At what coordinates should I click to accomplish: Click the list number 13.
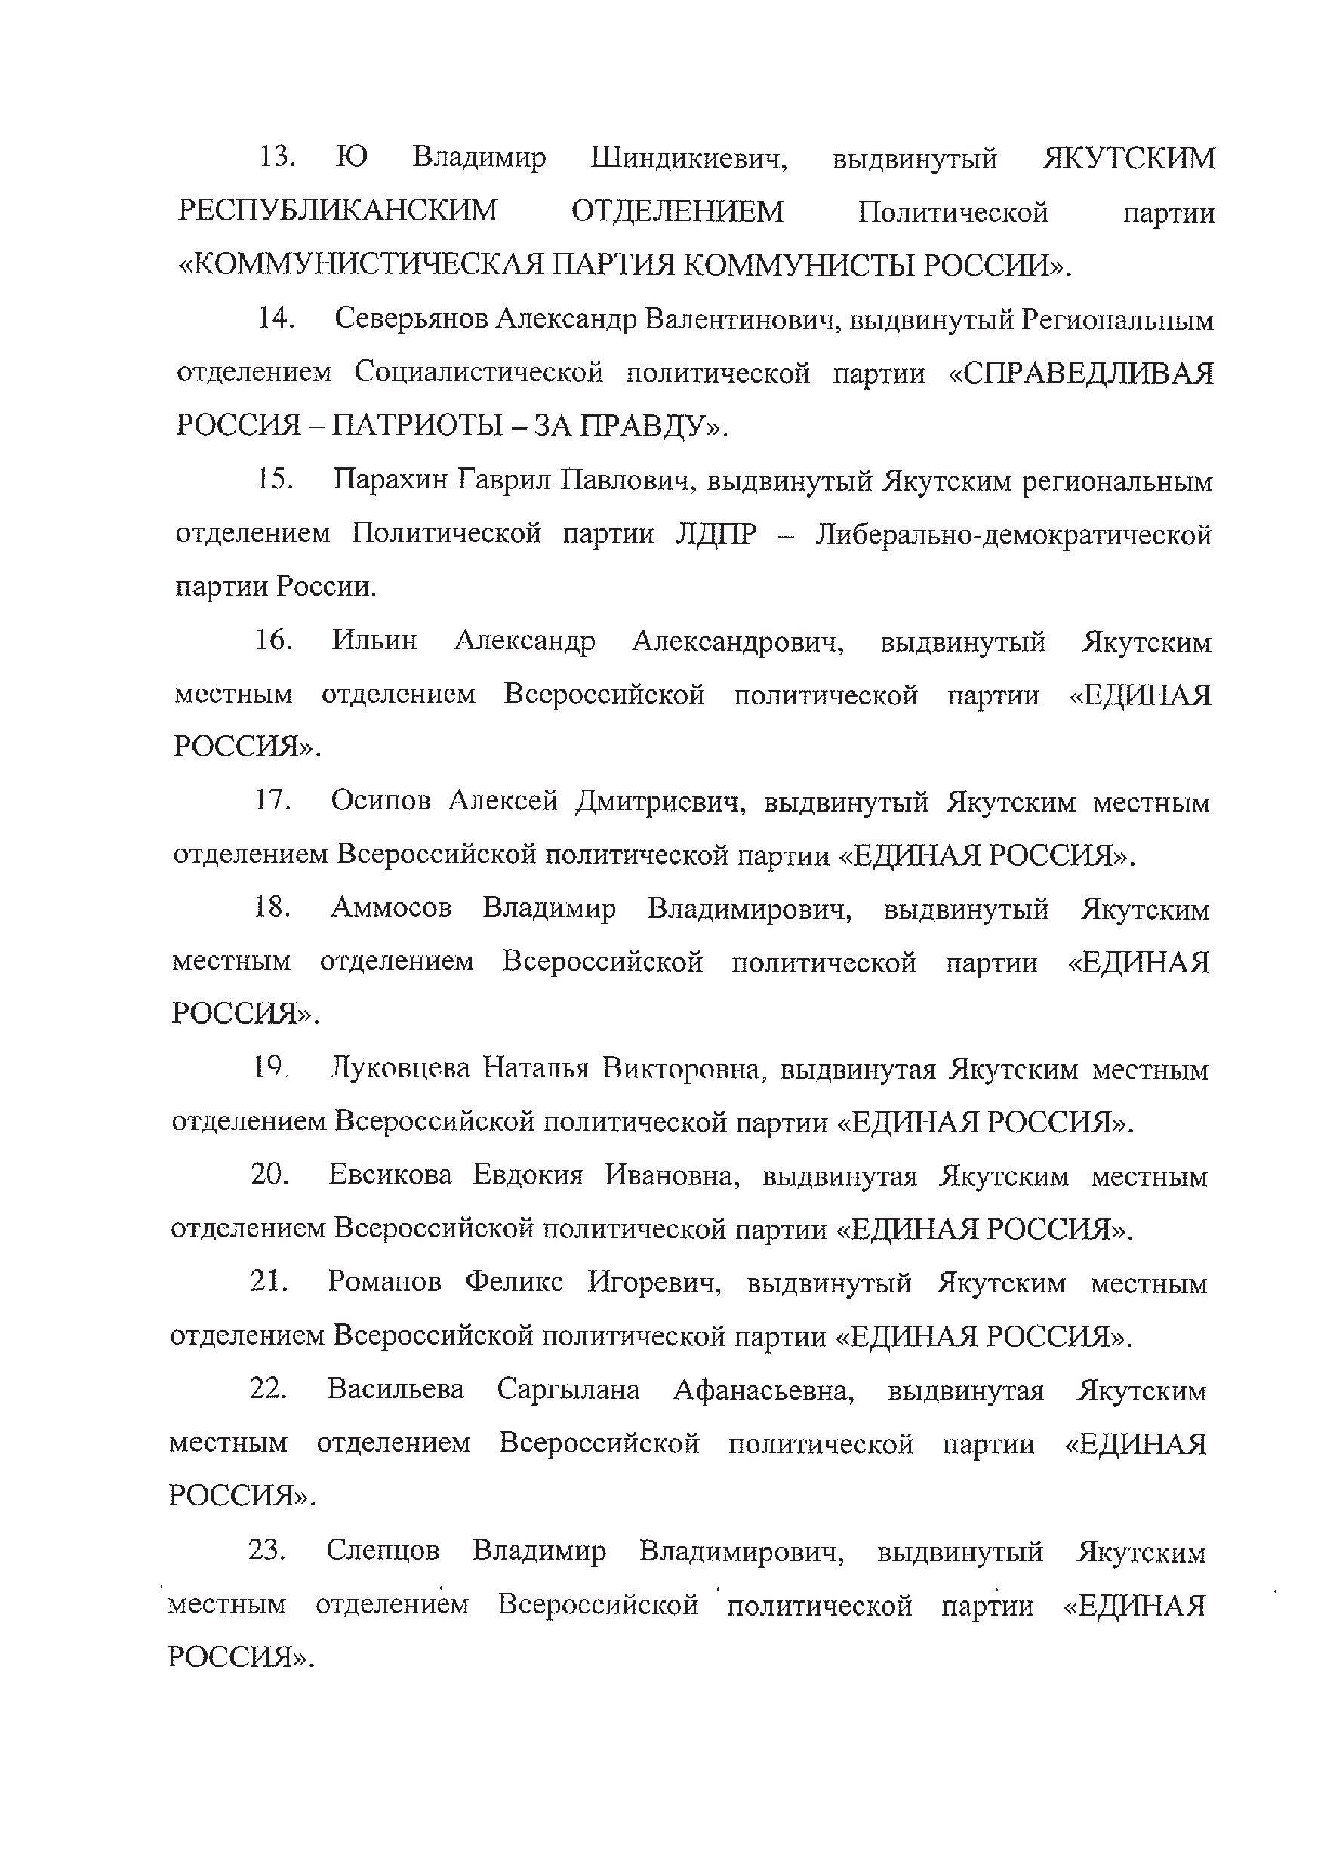[x=276, y=156]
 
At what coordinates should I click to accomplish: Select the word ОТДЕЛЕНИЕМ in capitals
[x=677, y=211]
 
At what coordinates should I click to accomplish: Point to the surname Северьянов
[x=411, y=319]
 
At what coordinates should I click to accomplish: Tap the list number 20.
[x=270, y=1175]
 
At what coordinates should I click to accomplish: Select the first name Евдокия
[x=528, y=1175]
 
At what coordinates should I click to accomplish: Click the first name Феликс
[x=514, y=1283]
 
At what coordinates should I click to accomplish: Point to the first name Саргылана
[x=568, y=1389]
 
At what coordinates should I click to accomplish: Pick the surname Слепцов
[x=383, y=1550]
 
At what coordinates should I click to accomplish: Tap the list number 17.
[x=272, y=801]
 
